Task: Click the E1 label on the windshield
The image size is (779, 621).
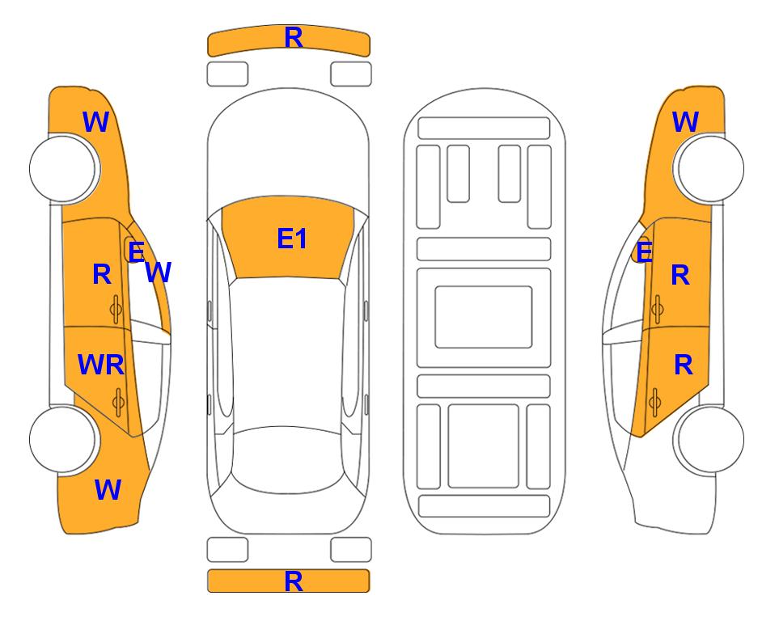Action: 292,239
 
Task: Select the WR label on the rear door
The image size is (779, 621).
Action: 101,365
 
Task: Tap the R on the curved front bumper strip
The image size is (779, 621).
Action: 294,37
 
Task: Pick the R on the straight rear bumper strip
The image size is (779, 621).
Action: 294,581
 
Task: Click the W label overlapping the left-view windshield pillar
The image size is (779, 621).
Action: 159,272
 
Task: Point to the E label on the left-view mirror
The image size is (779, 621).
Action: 136,251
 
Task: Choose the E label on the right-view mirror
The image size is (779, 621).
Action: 645,252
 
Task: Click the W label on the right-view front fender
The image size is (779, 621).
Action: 685,122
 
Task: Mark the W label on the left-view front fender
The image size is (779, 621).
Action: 95,122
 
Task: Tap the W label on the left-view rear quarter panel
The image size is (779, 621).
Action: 108,490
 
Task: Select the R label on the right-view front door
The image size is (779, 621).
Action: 680,275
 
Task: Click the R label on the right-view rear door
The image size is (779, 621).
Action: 684,365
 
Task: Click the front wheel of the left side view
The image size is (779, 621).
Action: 62,169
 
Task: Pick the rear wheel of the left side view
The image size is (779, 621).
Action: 62,440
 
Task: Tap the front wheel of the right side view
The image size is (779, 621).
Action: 711,169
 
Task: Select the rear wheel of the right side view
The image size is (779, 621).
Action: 711,440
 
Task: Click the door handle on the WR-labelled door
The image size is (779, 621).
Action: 118,402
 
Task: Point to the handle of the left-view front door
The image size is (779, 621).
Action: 116,310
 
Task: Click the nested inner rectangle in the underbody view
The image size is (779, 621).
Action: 484,317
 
